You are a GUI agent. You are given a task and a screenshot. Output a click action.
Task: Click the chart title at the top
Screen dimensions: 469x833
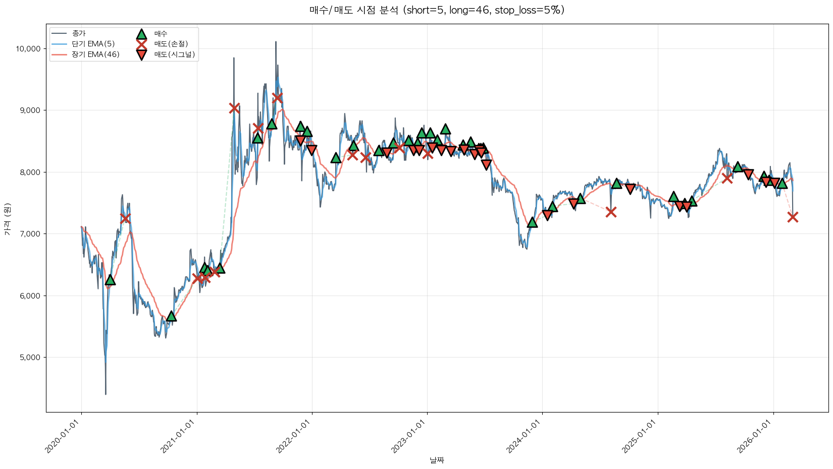coord(437,10)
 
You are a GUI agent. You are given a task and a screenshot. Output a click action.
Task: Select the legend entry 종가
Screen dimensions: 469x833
coord(79,33)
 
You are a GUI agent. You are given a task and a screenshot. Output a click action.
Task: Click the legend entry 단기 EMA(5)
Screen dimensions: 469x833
coord(93,44)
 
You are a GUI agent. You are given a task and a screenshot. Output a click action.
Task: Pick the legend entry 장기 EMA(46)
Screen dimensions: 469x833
coord(95,54)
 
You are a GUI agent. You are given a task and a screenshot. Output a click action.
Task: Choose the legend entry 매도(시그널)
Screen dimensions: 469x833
coord(174,54)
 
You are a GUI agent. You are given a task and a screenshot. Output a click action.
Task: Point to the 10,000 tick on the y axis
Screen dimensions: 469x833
coord(28,49)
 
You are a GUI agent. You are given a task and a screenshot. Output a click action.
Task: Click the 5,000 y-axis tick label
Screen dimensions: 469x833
coord(29,358)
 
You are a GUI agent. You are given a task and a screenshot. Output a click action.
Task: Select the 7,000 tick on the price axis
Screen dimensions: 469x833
coord(29,234)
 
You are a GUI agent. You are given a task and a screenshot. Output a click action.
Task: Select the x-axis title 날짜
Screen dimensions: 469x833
coord(437,460)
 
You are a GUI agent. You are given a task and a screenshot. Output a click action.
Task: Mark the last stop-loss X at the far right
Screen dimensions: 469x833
coord(793,217)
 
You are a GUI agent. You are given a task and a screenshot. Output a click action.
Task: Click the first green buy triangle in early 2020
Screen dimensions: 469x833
coord(110,280)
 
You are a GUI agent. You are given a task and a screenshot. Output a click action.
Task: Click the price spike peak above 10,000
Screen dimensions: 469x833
coord(276,42)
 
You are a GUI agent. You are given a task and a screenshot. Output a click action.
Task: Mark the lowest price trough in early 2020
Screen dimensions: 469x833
coord(106,394)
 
